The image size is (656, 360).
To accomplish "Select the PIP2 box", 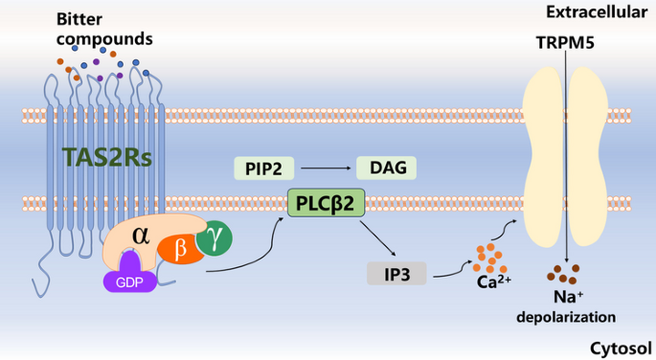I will coord(262,169).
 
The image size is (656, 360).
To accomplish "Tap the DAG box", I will coord(386,169).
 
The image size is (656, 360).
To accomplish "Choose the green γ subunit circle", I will coord(215,240).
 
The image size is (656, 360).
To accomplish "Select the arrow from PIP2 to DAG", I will coord(324,169).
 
